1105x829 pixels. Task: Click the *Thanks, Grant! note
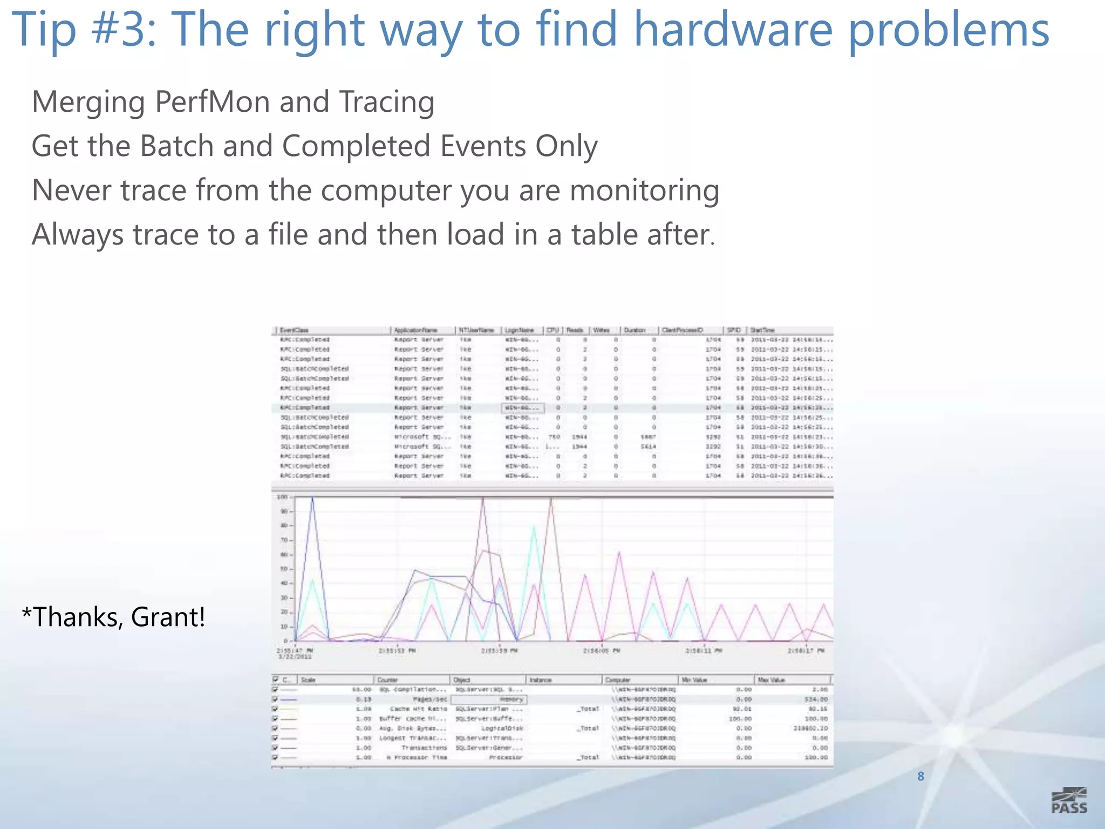(x=113, y=617)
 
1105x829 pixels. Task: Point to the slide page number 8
(x=920, y=776)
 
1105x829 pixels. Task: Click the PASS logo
(x=1069, y=800)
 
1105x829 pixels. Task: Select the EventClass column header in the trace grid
(x=294, y=330)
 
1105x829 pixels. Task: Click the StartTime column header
(x=762, y=330)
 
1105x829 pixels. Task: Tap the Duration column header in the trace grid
(x=635, y=330)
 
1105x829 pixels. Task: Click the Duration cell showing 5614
(x=647, y=447)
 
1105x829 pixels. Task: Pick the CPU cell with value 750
(x=554, y=437)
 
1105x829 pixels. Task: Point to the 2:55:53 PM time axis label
(x=397, y=651)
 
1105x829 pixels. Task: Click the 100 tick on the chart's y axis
(x=282, y=497)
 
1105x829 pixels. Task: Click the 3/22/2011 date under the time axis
(x=295, y=657)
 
